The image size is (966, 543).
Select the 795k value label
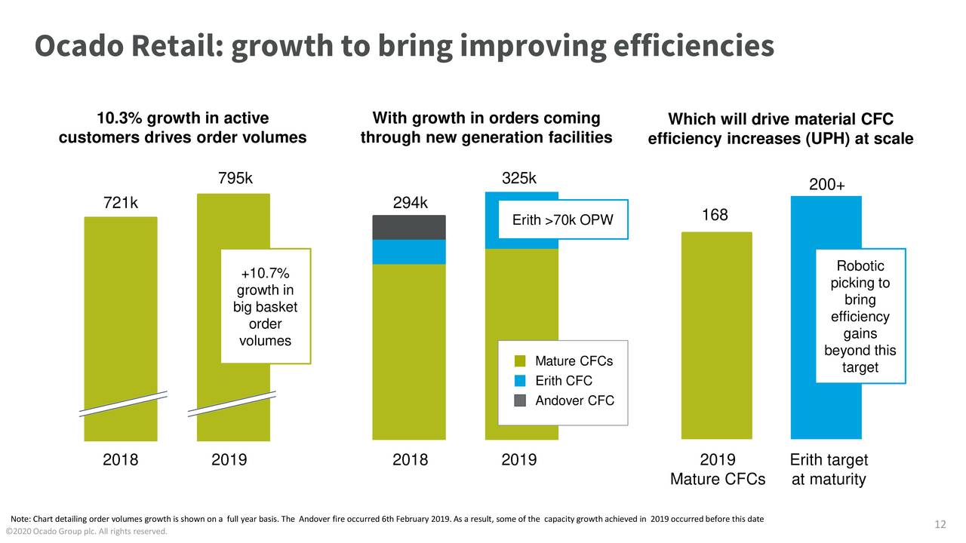(x=235, y=179)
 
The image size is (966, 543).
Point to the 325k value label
(x=519, y=179)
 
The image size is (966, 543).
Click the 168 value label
(x=715, y=216)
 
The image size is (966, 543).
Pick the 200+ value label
(x=826, y=186)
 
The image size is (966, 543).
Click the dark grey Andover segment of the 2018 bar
(x=409, y=227)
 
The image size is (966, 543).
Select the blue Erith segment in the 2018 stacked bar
(x=409, y=252)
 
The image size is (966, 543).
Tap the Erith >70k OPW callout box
(x=563, y=220)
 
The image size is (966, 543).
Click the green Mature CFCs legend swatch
(x=520, y=361)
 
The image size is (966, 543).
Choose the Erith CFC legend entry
(x=563, y=381)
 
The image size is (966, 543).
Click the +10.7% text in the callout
(x=265, y=274)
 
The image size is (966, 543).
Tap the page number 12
(x=940, y=525)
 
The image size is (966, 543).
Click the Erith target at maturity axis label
(x=828, y=470)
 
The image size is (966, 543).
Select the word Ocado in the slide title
(x=79, y=47)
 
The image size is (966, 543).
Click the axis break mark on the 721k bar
(x=121, y=403)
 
